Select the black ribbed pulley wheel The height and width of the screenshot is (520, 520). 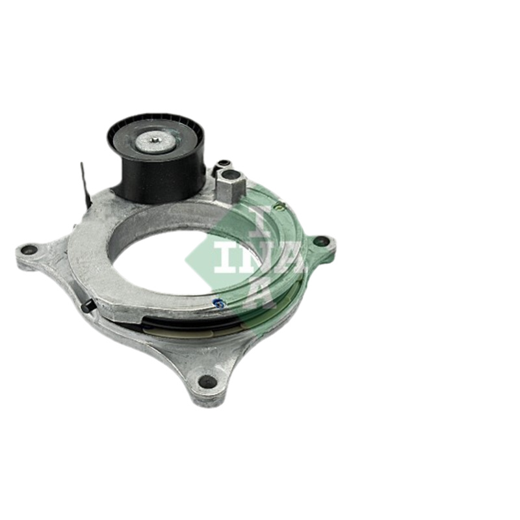(x=156, y=155)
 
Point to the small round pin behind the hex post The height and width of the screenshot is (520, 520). (x=222, y=164)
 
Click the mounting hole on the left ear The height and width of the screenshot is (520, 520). (x=29, y=248)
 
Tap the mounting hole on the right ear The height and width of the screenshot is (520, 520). (x=320, y=241)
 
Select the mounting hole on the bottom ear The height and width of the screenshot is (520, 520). (x=208, y=382)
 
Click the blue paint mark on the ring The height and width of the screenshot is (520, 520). (x=218, y=302)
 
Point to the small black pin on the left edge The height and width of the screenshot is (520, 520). (x=87, y=304)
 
